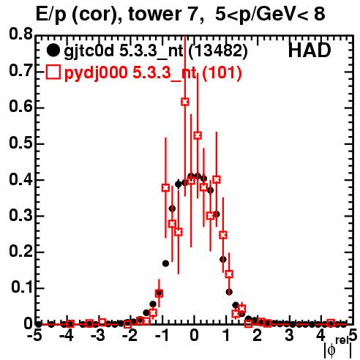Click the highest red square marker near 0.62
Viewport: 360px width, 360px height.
[185, 102]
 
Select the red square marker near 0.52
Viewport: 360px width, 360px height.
[198, 135]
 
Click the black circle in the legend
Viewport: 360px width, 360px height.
[53, 50]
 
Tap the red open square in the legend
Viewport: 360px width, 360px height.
[53, 72]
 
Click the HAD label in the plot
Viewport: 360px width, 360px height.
[310, 50]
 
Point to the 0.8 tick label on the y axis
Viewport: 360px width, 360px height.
[20, 34]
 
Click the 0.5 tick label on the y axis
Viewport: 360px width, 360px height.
[20, 143]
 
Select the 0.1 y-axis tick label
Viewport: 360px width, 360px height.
[21, 288]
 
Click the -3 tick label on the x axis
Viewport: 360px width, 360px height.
[98, 335]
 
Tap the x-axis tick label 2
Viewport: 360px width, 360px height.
[258, 335]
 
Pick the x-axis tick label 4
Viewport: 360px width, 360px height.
[320, 335]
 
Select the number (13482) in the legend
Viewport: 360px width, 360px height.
[218, 51]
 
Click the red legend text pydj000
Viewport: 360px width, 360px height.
[96, 72]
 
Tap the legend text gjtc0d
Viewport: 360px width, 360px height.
[89, 51]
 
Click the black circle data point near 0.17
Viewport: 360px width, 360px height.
[166, 263]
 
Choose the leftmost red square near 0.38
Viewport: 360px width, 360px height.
[166, 188]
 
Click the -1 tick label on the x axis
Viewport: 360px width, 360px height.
[162, 335]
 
